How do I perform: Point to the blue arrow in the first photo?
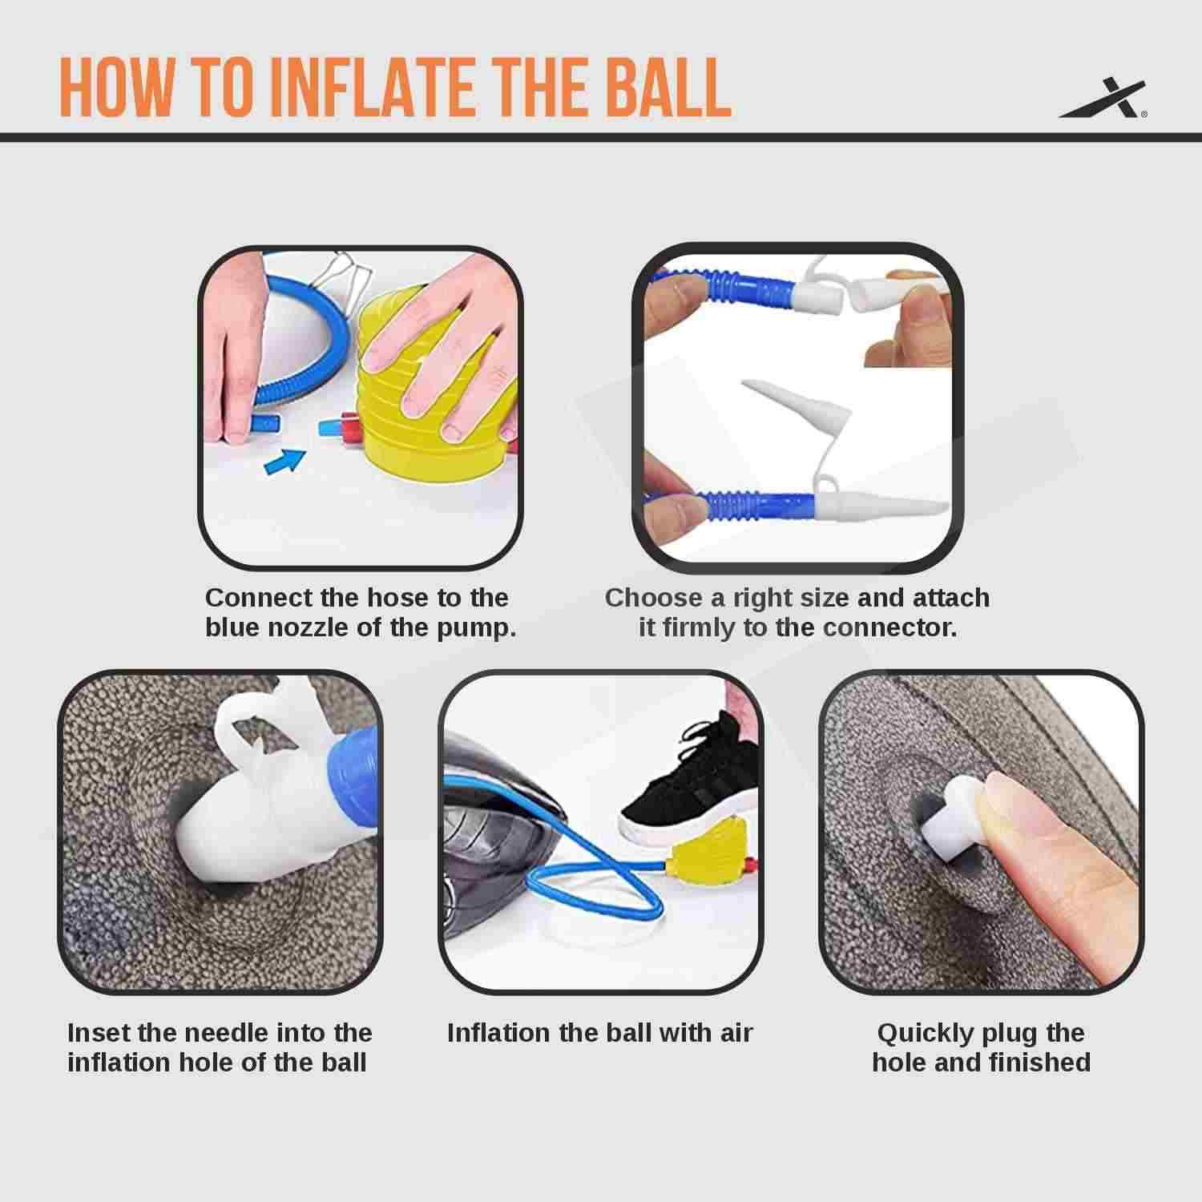[x=284, y=462]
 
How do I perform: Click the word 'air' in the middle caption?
[x=735, y=1032]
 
